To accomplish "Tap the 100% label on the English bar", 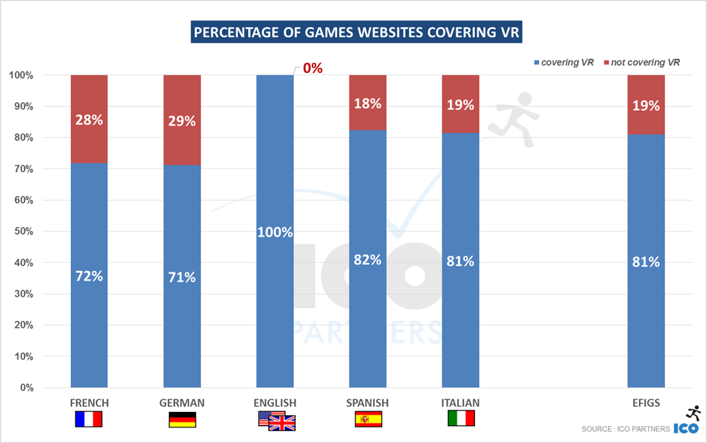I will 275,232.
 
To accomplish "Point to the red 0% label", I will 312,68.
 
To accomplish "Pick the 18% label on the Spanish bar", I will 367,103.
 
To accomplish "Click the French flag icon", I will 89,420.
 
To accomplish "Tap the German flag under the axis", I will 182,420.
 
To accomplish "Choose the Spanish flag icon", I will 367,420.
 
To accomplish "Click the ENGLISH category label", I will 275,402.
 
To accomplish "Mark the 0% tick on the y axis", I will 21,388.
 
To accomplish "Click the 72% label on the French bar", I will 89,276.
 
